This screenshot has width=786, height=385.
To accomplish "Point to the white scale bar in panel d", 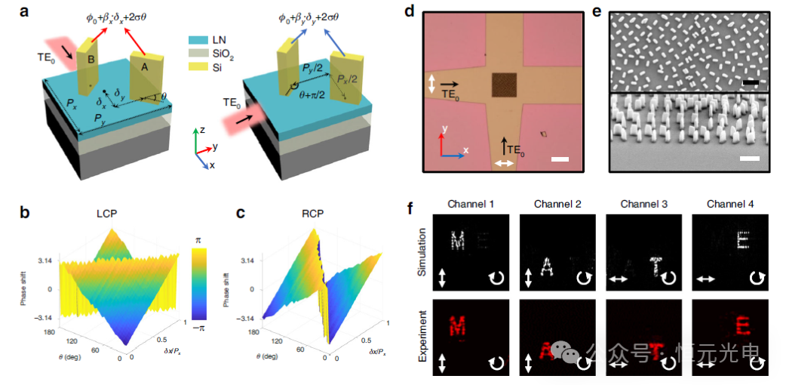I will tap(559, 159).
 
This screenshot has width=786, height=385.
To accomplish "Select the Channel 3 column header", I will tap(643, 204).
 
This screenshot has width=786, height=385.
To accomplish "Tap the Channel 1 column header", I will tap(470, 204).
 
